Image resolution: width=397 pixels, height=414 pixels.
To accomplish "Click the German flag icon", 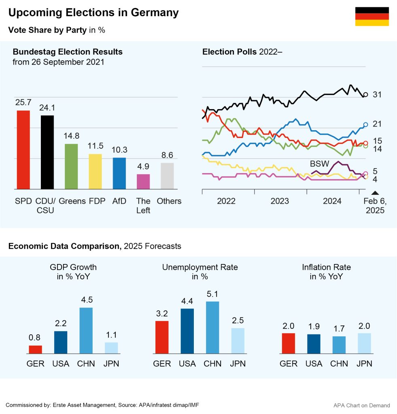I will [372, 17].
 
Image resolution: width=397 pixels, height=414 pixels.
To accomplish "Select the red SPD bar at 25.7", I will [23, 150].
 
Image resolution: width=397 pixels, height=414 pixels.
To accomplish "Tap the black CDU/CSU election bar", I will [47, 152].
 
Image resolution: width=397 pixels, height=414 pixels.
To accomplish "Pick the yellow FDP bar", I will [95, 171].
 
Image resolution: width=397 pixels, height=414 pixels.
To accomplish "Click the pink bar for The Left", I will [143, 182].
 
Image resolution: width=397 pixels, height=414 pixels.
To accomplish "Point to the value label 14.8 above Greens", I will [71, 136].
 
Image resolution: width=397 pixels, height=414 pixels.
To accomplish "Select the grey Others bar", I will [167, 176].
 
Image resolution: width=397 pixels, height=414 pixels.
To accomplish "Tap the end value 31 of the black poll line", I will [377, 95].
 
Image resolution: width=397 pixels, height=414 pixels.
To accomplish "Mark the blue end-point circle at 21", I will [365, 125].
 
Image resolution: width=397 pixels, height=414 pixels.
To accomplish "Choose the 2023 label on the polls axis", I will [280, 201].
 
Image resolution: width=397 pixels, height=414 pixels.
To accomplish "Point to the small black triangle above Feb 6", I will [375, 192].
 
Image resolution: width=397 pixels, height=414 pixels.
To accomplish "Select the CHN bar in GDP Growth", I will [86, 331].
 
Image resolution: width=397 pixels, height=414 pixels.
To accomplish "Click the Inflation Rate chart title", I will [326, 272].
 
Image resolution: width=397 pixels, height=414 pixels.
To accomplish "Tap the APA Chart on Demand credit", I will [362, 405].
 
